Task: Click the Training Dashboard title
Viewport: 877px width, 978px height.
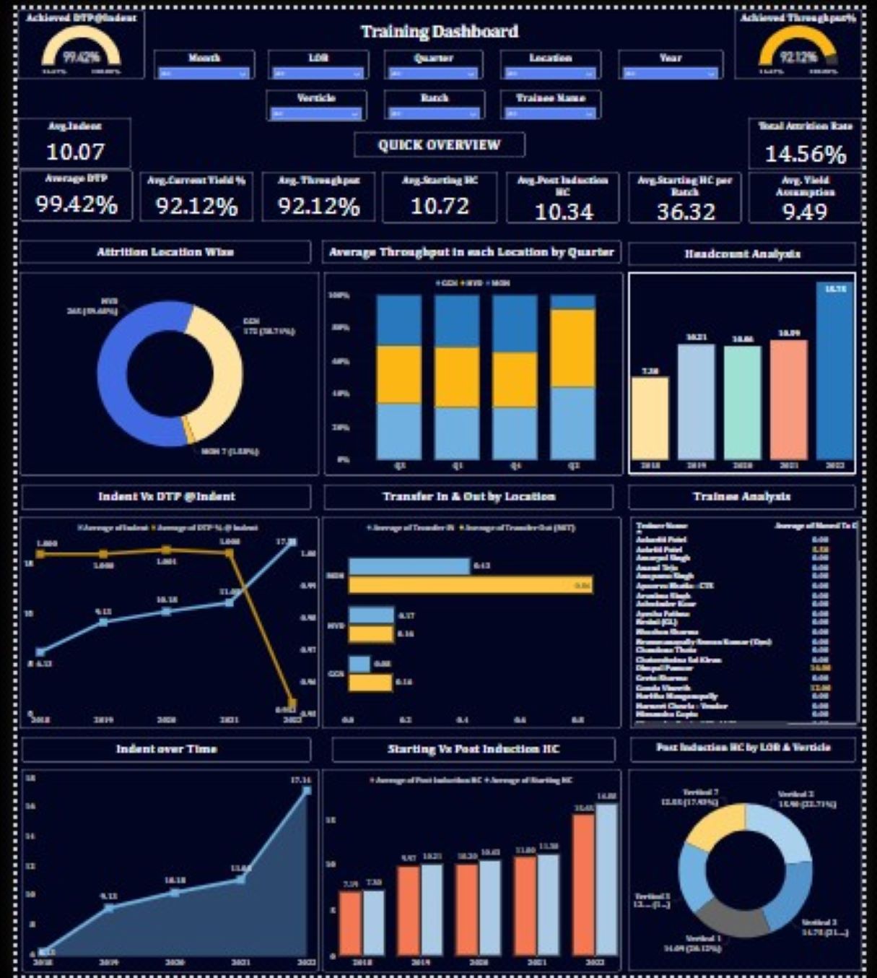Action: pos(439,32)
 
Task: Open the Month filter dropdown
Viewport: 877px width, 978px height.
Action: pos(204,73)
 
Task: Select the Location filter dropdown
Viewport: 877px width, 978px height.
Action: pos(551,73)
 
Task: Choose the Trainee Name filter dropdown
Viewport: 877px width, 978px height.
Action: pos(551,113)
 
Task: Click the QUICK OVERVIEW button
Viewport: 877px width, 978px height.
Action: pos(439,144)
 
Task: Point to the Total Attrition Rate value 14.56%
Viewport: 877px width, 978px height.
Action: pos(805,154)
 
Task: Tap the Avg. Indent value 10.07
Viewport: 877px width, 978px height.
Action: pos(75,152)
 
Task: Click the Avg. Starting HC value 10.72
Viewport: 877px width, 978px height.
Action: pos(440,207)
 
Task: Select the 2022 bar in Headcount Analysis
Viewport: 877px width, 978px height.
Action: pos(835,372)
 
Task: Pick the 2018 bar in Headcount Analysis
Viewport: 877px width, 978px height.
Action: pos(650,419)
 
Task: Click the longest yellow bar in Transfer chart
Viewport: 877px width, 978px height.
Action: pos(471,585)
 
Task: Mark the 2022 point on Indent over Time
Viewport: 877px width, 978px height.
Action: pos(307,790)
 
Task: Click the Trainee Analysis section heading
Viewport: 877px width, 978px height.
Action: pos(741,497)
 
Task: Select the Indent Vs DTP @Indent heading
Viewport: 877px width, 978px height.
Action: pos(166,497)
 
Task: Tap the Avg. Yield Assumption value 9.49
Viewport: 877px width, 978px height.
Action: pos(805,212)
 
